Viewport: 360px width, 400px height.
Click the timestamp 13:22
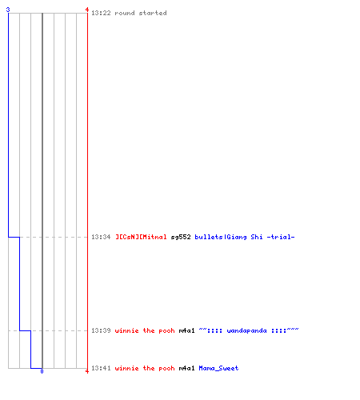[x=101, y=13]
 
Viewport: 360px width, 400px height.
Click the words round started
[x=141, y=13]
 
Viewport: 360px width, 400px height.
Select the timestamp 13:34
[x=101, y=237]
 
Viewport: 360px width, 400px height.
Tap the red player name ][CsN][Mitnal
[x=141, y=237]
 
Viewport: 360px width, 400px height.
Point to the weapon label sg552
[x=181, y=237]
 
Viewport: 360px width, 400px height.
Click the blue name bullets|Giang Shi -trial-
[x=245, y=237]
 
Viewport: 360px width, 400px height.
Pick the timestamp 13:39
[x=101, y=330]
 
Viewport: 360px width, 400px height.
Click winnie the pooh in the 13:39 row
[x=145, y=330]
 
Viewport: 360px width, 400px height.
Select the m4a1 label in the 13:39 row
[x=186, y=330]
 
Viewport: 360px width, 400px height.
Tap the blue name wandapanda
[x=246, y=330]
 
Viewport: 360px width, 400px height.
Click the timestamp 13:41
[x=101, y=368]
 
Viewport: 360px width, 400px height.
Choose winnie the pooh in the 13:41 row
[x=145, y=368]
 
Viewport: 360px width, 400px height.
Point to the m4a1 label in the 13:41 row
[x=186, y=368]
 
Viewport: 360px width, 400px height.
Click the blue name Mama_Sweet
[x=218, y=368]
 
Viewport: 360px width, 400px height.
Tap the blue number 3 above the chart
[x=8, y=10]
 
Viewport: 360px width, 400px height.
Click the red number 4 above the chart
[x=87, y=10]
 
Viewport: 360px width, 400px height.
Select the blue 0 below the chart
[x=42, y=371]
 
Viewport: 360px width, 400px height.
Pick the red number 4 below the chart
[x=87, y=371]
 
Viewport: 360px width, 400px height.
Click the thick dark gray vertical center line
[x=42, y=190]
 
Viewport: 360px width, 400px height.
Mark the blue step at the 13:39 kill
[x=25, y=330]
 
